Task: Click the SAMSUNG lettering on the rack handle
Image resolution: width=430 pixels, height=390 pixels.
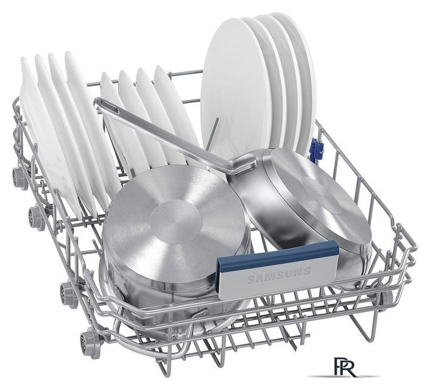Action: [x=279, y=275]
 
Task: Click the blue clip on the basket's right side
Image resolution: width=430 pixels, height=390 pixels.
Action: [x=315, y=147]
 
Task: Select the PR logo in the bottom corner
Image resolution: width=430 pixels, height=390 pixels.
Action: [x=345, y=367]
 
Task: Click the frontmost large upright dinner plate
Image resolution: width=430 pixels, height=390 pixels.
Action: [x=236, y=88]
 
